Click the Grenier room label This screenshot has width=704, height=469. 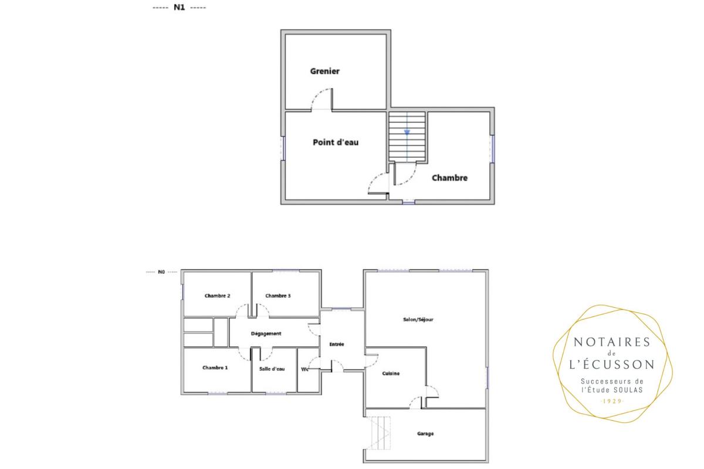(324, 72)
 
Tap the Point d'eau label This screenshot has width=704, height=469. (336, 142)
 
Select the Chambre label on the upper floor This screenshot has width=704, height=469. (449, 178)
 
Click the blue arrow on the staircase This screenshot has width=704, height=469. (407, 132)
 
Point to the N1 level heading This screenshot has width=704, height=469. (179, 7)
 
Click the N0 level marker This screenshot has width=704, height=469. (161, 272)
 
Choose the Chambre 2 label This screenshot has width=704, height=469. (217, 296)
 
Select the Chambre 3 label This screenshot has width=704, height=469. (278, 296)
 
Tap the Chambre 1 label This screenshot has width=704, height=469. (215, 368)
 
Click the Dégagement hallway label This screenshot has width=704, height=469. (266, 334)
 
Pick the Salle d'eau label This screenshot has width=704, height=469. (272, 369)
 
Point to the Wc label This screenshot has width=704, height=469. (304, 369)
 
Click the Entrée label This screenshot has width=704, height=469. (337, 344)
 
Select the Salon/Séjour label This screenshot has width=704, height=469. (418, 320)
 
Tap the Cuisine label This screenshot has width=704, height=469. (391, 373)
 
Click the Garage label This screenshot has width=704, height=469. (425, 434)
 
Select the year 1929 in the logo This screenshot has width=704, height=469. (611, 401)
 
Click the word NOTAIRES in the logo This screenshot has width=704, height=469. (612, 342)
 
